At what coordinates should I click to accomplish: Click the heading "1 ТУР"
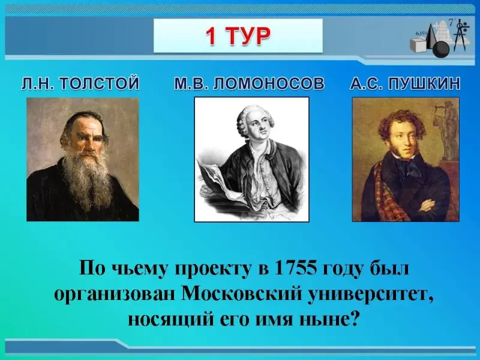click(238, 36)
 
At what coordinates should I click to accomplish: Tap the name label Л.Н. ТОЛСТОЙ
click(80, 83)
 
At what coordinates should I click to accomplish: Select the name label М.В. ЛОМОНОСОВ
click(249, 83)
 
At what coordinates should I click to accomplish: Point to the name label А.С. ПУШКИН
click(405, 83)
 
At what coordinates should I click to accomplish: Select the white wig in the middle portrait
click(250, 118)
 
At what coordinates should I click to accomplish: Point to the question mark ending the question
click(354, 319)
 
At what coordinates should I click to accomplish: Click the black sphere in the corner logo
click(441, 49)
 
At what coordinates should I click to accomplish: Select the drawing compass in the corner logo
click(460, 36)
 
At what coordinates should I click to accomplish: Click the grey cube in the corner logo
click(419, 45)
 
